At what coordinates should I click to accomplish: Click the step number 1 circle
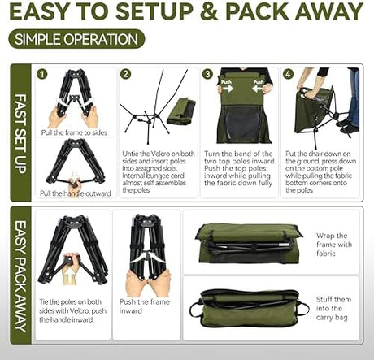tap(42, 74)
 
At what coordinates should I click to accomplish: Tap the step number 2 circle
tap(125, 74)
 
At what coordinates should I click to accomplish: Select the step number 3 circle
tap(207, 74)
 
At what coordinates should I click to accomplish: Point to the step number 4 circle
tap(289, 74)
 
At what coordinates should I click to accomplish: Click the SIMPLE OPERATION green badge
tap(76, 39)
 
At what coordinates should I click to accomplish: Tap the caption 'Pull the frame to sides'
tap(74, 132)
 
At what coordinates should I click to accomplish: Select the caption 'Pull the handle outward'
tap(76, 193)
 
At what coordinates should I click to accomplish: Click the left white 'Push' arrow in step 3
tap(226, 88)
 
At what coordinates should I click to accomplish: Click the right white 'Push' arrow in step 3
tap(258, 88)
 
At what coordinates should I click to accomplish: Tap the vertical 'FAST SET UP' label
tap(20, 133)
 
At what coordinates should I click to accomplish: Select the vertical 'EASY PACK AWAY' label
tap(20, 276)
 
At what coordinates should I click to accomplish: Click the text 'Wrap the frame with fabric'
tap(334, 245)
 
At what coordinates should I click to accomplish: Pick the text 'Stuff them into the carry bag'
tap(333, 308)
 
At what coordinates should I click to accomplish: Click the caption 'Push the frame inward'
tap(145, 306)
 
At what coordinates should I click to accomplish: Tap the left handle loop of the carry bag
tap(196, 309)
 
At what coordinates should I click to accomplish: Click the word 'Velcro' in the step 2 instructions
tap(160, 154)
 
